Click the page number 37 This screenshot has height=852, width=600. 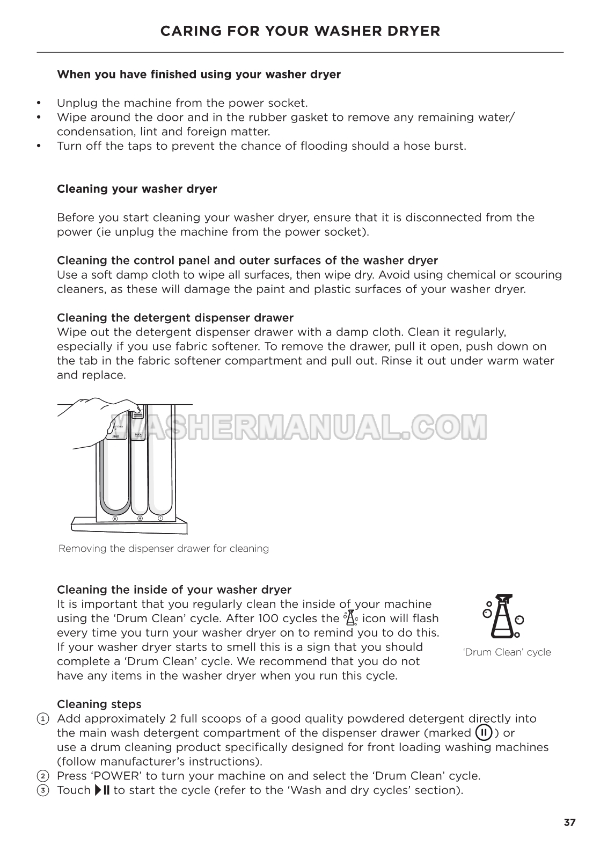569,822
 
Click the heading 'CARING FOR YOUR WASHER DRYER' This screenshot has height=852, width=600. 300,31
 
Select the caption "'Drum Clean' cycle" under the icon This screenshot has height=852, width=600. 507,652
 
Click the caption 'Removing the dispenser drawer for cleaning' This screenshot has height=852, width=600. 164,549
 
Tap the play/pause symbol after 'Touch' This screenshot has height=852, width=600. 101,790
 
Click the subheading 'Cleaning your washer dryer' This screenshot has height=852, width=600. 137,189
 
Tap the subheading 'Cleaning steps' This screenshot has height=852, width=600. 99,704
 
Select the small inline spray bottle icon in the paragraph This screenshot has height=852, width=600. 350,618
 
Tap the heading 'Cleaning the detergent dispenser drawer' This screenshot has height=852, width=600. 175,318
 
